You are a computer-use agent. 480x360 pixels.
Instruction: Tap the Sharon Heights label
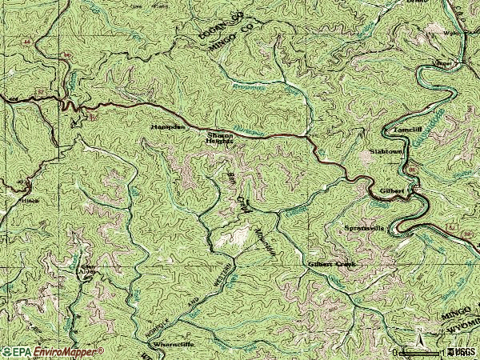pos(220,139)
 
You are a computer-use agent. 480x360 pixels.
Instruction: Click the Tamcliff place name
pos(397,128)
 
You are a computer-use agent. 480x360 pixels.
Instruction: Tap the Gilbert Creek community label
pos(330,263)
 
